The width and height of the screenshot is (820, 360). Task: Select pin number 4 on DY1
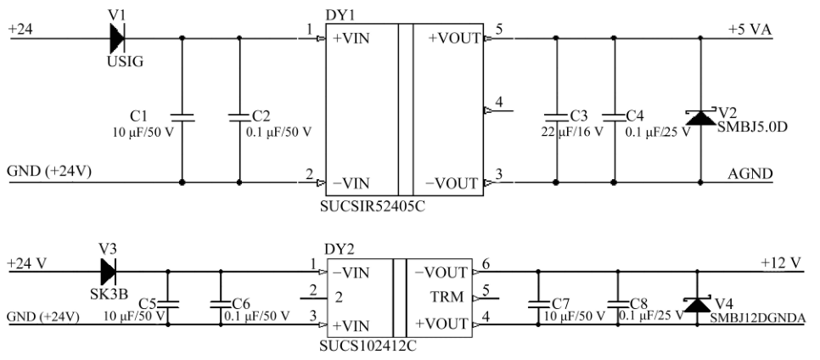click(498, 103)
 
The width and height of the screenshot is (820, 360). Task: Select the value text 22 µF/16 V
click(573, 132)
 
